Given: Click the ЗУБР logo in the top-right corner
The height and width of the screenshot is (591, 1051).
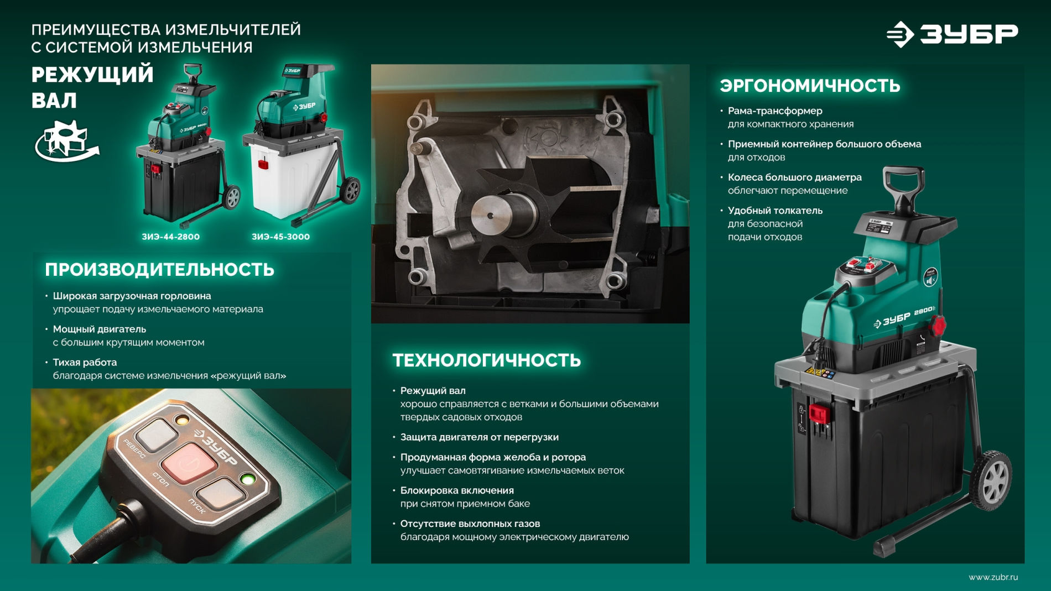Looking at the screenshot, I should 952,34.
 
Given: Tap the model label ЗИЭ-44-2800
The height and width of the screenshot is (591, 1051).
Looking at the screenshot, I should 170,237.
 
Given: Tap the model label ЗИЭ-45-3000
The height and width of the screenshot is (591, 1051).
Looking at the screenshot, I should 280,237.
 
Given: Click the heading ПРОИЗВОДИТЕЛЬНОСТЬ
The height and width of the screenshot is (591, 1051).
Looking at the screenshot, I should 159,270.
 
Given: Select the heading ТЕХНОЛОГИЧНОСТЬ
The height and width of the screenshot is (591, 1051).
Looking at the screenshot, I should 486,360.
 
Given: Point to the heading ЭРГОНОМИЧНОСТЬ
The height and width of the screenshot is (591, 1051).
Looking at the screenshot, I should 810,86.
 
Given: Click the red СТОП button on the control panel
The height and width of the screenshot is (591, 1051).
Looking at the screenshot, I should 189,462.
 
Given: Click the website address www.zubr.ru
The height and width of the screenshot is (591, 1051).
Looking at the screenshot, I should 992,577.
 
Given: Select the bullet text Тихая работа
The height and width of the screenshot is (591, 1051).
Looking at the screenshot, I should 85,362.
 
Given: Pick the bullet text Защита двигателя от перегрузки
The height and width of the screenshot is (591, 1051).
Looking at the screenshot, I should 479,437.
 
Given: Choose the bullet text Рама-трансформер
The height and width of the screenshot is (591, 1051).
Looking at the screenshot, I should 774,111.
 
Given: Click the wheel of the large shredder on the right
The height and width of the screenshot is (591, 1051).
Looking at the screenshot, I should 992,478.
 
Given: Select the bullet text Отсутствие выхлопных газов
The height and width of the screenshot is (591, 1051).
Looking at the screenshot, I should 470,524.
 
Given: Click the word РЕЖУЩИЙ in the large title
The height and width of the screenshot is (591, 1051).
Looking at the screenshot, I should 92,75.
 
